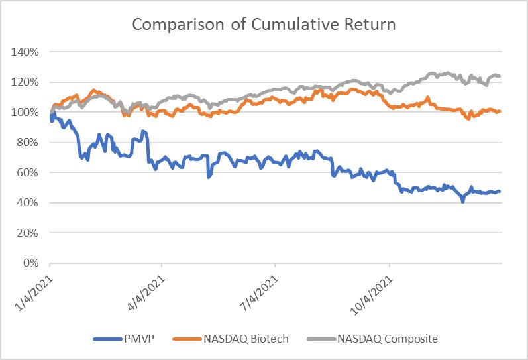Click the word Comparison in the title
(x=178, y=25)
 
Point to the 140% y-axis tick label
(x=25, y=52)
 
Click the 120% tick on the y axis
(x=25, y=82)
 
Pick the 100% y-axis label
(x=25, y=112)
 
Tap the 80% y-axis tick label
(x=28, y=143)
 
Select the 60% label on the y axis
(x=28, y=172)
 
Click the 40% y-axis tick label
(x=28, y=203)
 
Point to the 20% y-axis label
(x=28, y=233)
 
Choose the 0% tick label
(x=30, y=263)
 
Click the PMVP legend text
(x=138, y=339)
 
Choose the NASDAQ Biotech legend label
(x=246, y=339)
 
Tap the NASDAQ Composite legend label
(x=388, y=339)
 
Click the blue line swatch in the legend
(x=108, y=339)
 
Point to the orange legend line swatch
(x=187, y=339)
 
